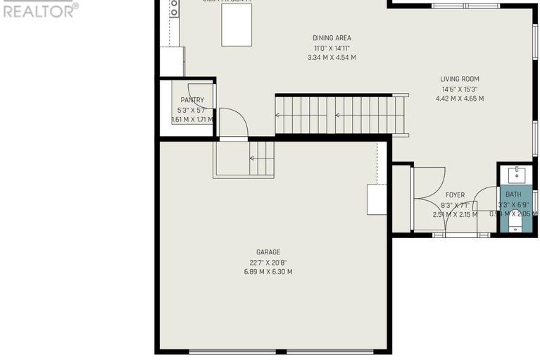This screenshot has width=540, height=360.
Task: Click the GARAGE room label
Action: coord(268,252)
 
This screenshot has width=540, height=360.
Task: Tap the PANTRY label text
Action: coord(191,100)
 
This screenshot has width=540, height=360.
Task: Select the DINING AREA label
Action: coord(332,38)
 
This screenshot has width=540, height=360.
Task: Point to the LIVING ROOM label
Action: coord(460,79)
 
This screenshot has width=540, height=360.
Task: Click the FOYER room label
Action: coord(455,195)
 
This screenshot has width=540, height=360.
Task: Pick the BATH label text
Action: coord(514,194)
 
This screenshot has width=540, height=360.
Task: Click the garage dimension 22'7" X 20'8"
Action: coord(268,262)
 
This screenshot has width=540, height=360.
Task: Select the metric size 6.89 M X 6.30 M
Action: coord(268,272)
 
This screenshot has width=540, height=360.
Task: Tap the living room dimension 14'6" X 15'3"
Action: coord(460,89)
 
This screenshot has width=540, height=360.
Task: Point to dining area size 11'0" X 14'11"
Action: coord(332,48)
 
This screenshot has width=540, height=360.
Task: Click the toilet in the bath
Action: coord(515,223)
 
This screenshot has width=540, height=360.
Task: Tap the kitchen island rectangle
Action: coord(237,27)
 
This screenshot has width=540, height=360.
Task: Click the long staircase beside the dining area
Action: coord(340,115)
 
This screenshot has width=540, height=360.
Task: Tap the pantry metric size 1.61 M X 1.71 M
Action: coord(192,120)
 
